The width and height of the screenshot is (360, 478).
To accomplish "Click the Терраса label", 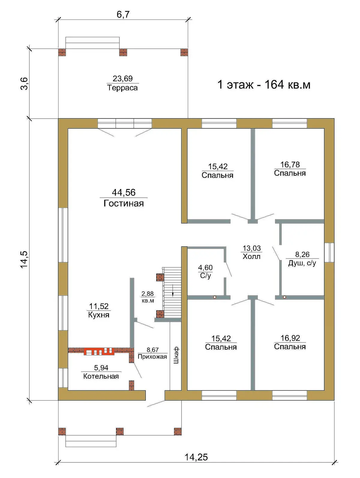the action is tap(122, 88).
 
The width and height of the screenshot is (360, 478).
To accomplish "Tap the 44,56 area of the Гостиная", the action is tap(123, 192).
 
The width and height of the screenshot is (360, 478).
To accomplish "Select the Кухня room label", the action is tap(99, 315).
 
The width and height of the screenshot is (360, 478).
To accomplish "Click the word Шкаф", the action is tap(176, 355).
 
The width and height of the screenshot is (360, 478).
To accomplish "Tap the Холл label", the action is tap(251, 256).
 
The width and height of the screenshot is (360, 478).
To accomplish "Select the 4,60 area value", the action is tap(205, 267).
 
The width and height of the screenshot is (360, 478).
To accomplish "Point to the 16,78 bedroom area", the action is tap(290, 164).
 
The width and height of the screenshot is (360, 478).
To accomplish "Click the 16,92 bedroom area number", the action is tap(290, 338).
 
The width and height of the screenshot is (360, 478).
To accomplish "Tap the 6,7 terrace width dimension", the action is tap(123, 14).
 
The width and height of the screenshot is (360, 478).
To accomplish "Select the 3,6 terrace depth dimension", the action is tap(25, 83).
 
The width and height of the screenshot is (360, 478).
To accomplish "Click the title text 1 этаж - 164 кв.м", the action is tap(264, 85).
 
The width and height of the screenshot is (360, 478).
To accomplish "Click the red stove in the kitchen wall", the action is tap(99, 351).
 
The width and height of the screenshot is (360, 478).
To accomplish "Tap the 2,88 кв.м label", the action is tap(148, 297).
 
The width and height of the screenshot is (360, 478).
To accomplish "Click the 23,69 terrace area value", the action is tap(122, 78).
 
